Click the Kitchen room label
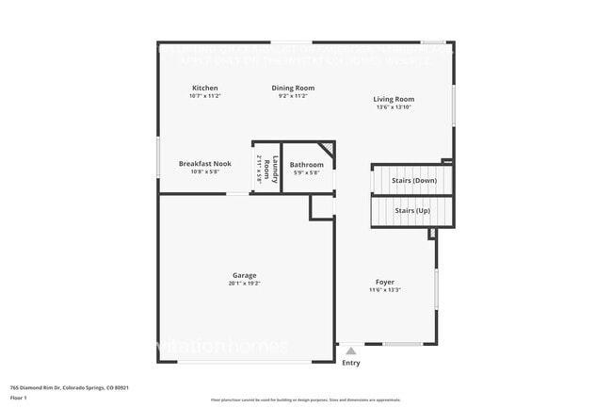(x=204, y=89)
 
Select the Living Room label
(x=394, y=99)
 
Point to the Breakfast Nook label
(x=204, y=164)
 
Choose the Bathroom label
(x=306, y=165)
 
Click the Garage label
(x=244, y=275)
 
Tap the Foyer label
(x=385, y=282)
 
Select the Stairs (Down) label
(x=411, y=180)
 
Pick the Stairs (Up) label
(x=411, y=210)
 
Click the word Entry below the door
(x=351, y=363)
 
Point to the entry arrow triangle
(x=351, y=351)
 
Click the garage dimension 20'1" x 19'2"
(x=244, y=284)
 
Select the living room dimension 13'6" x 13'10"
(x=394, y=107)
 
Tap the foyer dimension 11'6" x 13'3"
(x=385, y=290)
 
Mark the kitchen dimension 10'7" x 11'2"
(x=204, y=96)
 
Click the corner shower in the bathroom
(x=325, y=150)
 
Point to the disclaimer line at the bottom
(x=306, y=400)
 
